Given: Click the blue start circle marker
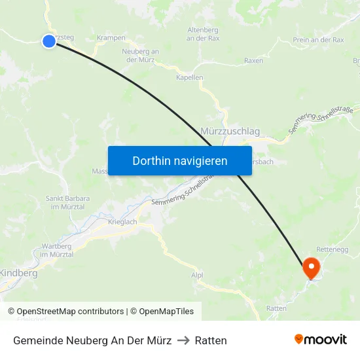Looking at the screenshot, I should [49, 41].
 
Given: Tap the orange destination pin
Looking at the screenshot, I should [310, 268].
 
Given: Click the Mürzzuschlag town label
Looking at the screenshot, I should [230, 132].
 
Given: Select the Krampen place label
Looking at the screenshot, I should [111, 38].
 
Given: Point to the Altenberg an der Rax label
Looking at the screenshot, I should [202, 35].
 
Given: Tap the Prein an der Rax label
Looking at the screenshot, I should [318, 40].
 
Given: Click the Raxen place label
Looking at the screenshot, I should [253, 61].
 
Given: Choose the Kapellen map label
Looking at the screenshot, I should [189, 77].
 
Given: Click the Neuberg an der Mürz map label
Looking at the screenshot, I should [140, 56].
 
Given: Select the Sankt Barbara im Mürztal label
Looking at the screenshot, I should [67, 202].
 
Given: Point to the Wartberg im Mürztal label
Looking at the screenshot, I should [56, 250].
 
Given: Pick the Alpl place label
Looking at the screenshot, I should [197, 276].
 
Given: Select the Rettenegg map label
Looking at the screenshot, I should [333, 249].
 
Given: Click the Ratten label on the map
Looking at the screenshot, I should [276, 308].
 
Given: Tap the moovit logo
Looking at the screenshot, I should [321, 340].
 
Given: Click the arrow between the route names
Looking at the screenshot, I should [183, 340].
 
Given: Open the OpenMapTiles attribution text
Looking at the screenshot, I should [162, 312].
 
